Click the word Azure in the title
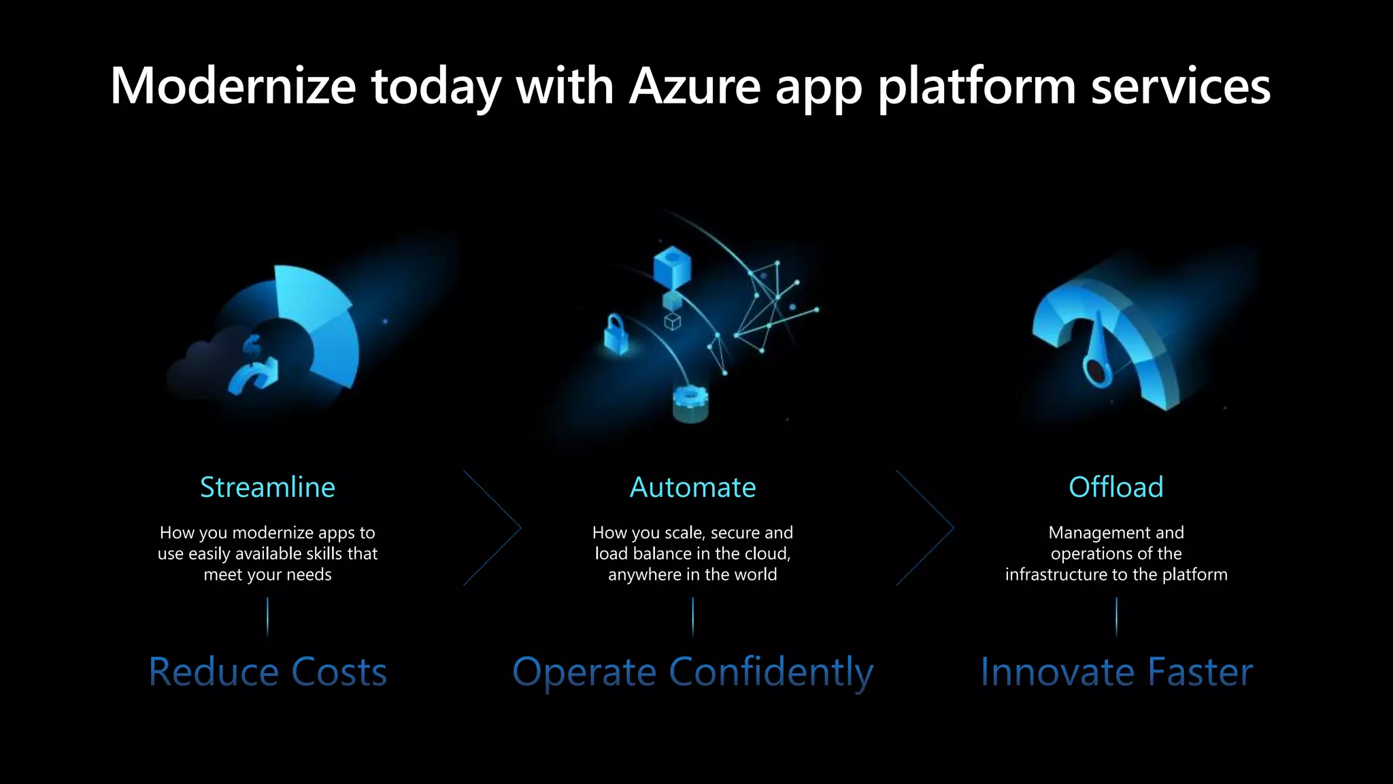[694, 86]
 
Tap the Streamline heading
[267, 487]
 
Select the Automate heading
[692, 487]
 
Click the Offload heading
[1115, 487]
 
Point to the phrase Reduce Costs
[267, 672]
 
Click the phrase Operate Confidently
[692, 672]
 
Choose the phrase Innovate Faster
[1116, 672]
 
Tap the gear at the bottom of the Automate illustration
[690, 402]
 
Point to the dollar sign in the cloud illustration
[251, 346]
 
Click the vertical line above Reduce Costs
[267, 616]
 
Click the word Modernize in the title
[233, 86]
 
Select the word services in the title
[1181, 86]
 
